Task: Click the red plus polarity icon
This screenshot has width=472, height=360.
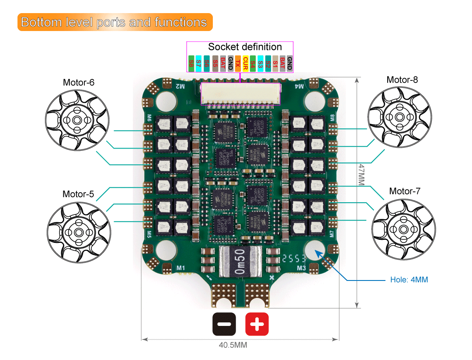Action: [257, 324]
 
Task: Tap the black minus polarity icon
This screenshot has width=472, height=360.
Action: [224, 324]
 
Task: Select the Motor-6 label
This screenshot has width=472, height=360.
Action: [79, 82]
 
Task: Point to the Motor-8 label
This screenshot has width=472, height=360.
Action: [402, 80]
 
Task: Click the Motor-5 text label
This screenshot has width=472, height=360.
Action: [78, 194]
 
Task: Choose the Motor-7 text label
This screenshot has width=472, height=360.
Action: [405, 191]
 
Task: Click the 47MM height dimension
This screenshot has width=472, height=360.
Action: [361, 175]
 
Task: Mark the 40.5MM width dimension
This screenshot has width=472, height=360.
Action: [233, 345]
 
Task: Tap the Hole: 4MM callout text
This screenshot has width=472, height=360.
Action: [409, 280]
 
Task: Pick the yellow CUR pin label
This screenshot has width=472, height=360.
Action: [246, 63]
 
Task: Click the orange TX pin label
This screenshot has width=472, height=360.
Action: [238, 63]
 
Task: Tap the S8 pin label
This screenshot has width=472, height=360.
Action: [191, 63]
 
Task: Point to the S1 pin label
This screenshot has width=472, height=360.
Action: [275, 63]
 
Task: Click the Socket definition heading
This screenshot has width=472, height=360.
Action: [245, 47]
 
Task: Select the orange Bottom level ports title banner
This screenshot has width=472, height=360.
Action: [115, 22]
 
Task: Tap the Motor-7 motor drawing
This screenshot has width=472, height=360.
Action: [403, 229]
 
